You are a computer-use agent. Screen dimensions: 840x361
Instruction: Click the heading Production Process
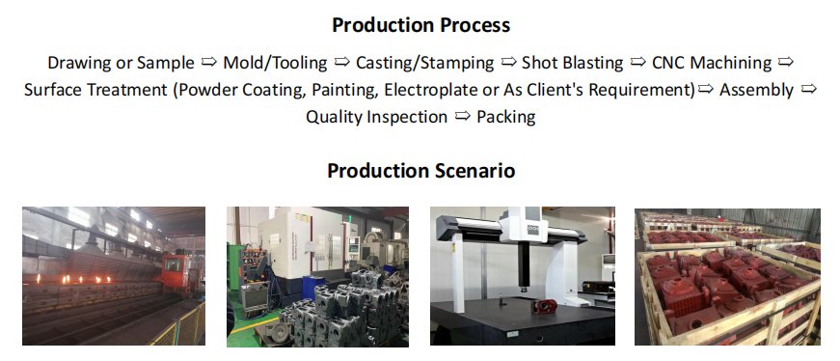(421, 25)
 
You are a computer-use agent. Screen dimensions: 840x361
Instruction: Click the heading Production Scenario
(421, 171)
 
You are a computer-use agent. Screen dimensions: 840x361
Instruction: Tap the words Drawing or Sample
(122, 63)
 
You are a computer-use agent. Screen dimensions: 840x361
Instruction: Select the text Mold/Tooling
(275, 63)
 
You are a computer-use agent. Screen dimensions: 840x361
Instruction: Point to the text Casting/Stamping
(424, 63)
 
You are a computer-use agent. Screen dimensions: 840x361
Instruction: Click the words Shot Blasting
(573, 63)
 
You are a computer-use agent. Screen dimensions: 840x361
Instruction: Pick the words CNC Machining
(712, 63)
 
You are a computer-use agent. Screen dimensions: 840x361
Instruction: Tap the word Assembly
(756, 90)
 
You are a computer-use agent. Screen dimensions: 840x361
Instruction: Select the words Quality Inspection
(377, 117)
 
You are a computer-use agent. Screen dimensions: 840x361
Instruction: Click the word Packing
(506, 117)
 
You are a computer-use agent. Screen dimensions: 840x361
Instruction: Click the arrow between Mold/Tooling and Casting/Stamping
(341, 62)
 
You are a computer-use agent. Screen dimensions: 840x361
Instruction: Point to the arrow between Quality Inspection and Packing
(462, 116)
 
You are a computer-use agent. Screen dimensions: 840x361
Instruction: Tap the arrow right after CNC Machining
(785, 62)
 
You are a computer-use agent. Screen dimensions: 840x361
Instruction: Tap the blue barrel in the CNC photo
(312, 287)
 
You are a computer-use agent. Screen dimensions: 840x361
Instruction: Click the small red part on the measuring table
(538, 307)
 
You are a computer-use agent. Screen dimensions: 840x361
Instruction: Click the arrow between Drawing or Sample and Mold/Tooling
(209, 62)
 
